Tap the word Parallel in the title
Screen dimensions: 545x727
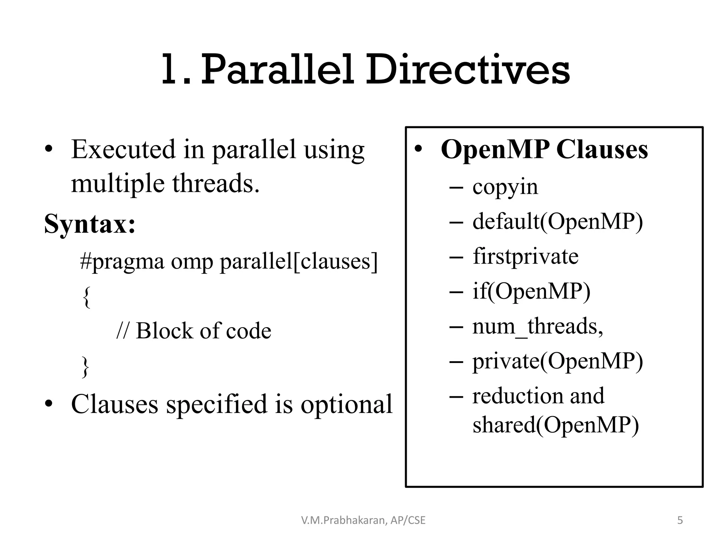[x=278, y=70]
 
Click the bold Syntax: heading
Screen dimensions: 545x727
[x=90, y=224]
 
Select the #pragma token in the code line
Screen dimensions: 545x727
[x=122, y=262]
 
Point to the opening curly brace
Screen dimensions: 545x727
[x=86, y=297]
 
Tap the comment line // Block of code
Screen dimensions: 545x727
[x=194, y=331]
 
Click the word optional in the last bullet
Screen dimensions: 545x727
[x=346, y=404]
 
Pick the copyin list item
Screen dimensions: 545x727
[x=505, y=187]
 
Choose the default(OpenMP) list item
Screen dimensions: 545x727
[x=557, y=221]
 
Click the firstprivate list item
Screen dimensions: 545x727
[x=525, y=256]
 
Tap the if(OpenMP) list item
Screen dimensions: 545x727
[x=531, y=291]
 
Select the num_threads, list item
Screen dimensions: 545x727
[x=537, y=326]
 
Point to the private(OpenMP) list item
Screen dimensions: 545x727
[x=557, y=361]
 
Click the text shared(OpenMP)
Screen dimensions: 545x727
[x=556, y=424]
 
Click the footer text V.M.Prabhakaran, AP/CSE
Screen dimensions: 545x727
[x=363, y=520]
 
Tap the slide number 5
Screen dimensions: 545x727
[x=680, y=520]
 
